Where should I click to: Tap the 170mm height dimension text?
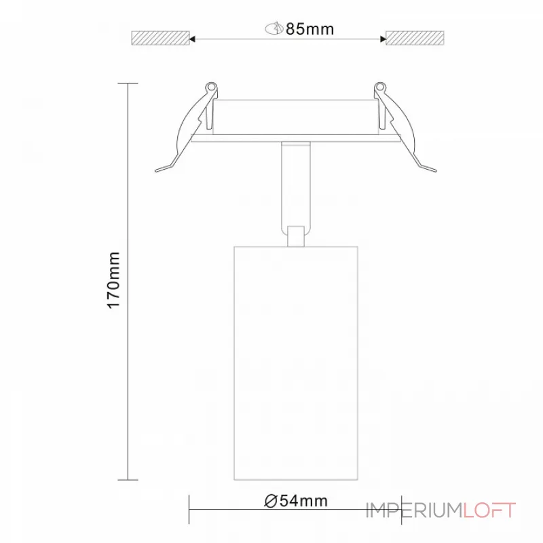114,280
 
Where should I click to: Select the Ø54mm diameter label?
297,502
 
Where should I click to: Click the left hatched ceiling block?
160,39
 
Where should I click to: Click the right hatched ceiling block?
415,39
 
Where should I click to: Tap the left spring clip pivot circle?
211,88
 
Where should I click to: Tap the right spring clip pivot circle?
379,88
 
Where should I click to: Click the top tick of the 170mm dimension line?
128,83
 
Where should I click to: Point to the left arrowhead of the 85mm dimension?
194,39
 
